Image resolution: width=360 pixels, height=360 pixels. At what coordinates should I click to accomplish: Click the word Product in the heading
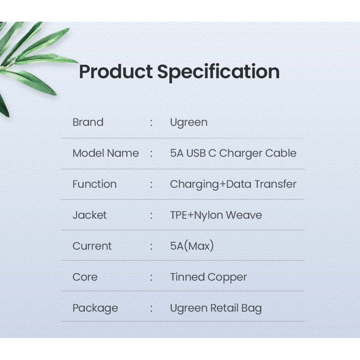(116, 72)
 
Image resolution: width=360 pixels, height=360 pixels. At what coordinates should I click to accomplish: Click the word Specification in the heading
(218, 72)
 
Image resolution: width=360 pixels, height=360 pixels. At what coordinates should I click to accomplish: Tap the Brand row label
(88, 122)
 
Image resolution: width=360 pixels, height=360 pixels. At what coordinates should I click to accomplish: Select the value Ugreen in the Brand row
(189, 123)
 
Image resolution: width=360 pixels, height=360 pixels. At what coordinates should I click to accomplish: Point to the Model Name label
(106, 153)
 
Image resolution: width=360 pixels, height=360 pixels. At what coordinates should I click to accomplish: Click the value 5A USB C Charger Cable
(233, 153)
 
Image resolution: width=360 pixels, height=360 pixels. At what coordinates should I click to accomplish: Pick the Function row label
(94, 184)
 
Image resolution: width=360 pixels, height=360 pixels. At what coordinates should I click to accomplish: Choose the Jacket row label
(89, 215)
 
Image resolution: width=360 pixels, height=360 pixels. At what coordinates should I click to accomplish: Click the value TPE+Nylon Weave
(216, 215)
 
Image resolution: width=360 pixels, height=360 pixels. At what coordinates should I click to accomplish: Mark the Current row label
(92, 246)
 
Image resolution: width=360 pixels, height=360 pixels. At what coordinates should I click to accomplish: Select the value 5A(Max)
(192, 246)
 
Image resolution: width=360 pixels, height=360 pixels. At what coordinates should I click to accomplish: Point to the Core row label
(85, 277)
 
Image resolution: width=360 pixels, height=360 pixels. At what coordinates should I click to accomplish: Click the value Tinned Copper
(209, 277)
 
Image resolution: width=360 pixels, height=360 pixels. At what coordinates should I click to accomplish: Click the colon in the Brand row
(151, 123)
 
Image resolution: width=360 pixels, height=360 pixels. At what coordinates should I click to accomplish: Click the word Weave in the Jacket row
(244, 215)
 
